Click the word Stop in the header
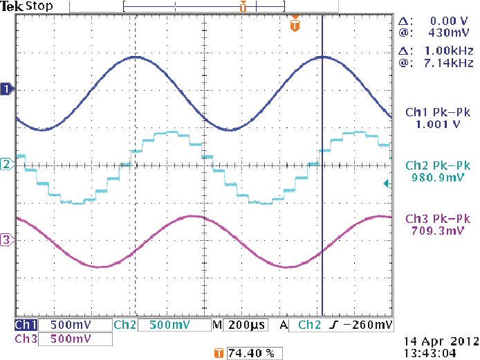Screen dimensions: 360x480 pyautogui.click(x=39, y=7)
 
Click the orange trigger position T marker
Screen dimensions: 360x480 pyautogui.click(x=295, y=25)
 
